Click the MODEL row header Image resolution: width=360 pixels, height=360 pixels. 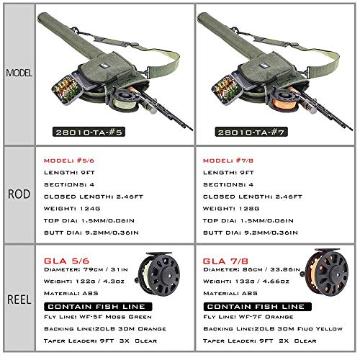click(x=17, y=73)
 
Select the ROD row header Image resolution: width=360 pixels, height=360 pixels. click(x=17, y=195)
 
